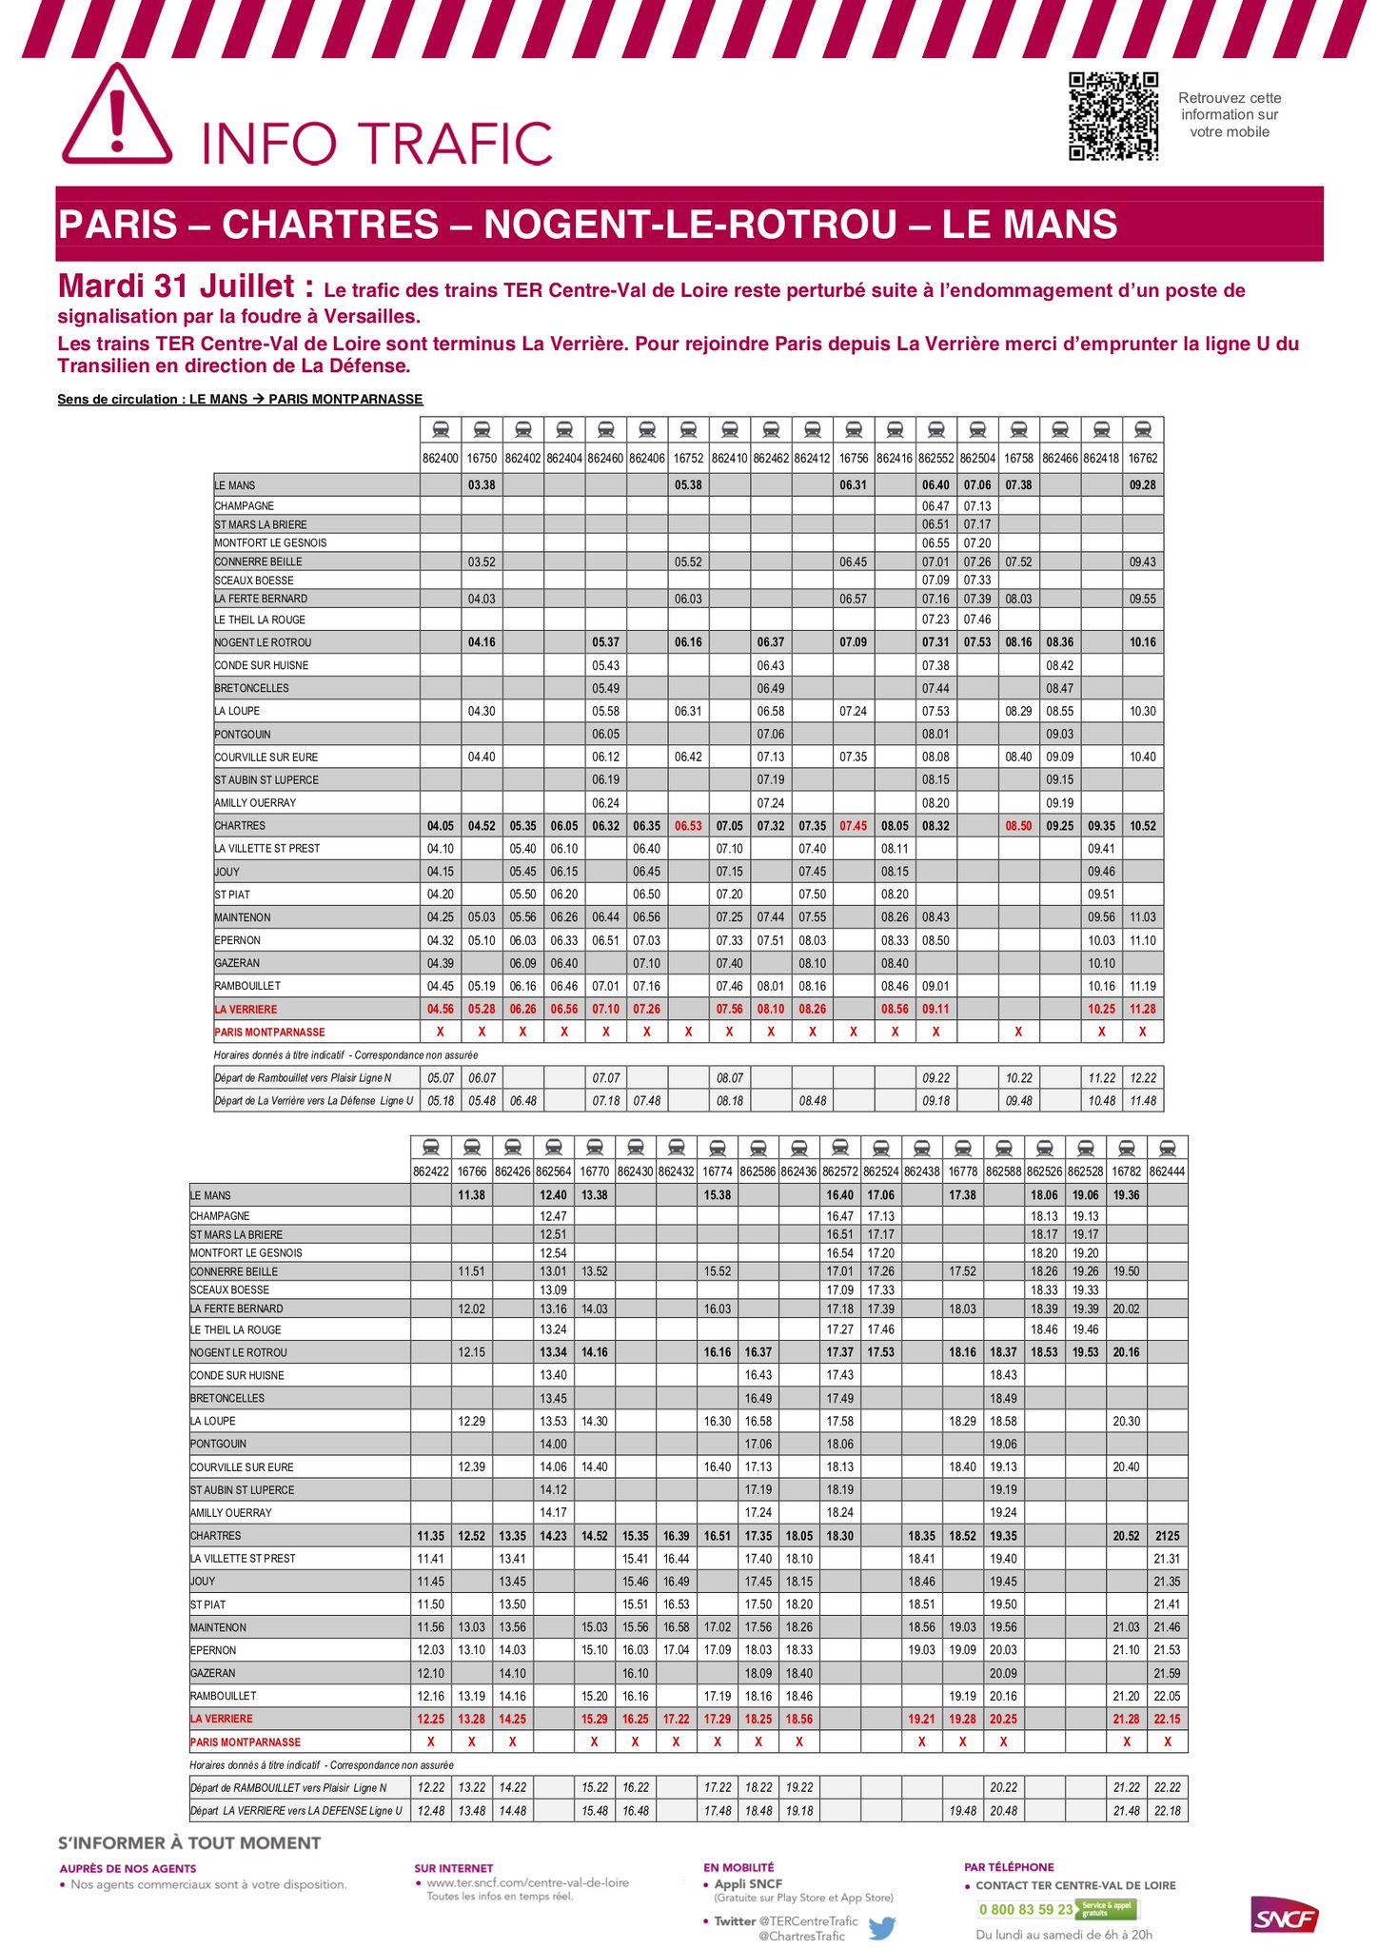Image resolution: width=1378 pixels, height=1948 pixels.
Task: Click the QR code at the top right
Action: (x=1112, y=116)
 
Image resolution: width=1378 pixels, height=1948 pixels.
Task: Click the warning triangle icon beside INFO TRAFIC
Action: (x=117, y=117)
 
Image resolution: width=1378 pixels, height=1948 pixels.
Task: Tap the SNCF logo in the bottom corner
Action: (x=1285, y=1914)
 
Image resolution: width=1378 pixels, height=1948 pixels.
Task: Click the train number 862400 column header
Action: (x=441, y=458)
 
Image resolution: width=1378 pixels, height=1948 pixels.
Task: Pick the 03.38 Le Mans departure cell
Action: (x=482, y=485)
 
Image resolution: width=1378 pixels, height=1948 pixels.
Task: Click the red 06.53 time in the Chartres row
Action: (x=688, y=826)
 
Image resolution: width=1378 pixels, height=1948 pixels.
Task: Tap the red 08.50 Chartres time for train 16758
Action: (x=1018, y=826)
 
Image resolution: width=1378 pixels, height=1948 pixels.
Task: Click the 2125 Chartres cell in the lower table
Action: (x=1167, y=1536)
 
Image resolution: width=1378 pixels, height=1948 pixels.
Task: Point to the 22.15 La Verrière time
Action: (x=1167, y=1719)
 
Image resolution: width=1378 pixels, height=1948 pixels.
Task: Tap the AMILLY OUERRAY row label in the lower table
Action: (x=231, y=1513)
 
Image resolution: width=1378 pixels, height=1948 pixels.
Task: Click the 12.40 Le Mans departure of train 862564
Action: (x=553, y=1195)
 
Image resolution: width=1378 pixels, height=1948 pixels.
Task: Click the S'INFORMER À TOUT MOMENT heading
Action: (x=189, y=1843)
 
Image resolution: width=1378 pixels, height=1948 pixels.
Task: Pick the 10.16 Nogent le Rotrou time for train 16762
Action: (x=1142, y=642)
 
